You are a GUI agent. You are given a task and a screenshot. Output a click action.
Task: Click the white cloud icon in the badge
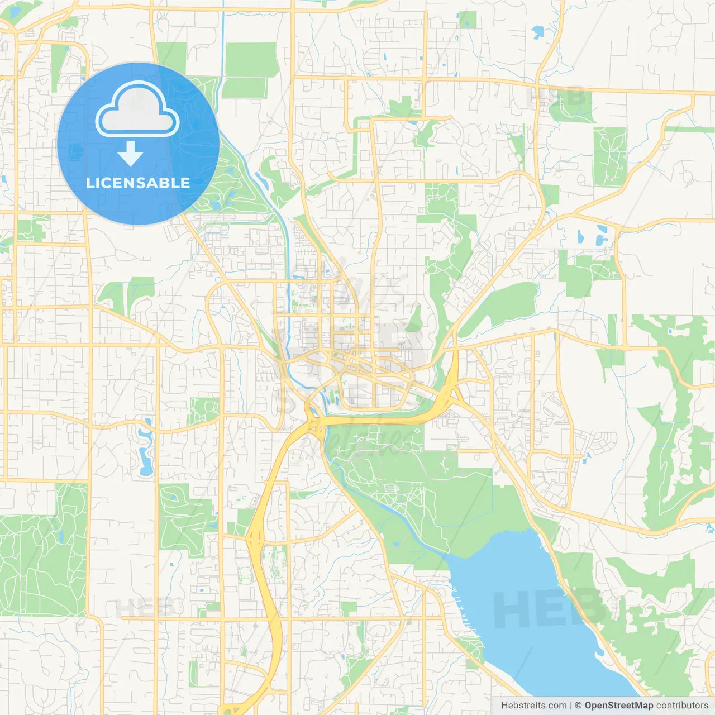[137, 109]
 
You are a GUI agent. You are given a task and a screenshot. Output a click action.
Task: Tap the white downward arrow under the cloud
[130, 153]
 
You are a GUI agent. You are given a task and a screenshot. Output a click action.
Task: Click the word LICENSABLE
[138, 183]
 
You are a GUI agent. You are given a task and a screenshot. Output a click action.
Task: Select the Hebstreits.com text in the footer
[533, 706]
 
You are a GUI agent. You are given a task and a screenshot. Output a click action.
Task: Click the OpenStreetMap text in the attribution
[618, 706]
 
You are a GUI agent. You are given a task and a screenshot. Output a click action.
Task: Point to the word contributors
[682, 706]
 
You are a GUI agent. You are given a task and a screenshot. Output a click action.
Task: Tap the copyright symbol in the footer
[578, 706]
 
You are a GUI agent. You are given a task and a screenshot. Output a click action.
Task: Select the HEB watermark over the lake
[550, 609]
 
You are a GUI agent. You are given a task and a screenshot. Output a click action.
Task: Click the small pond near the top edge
[538, 32]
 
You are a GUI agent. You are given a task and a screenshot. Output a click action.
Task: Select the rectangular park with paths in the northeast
[609, 156]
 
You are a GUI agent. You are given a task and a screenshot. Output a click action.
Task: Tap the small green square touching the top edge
[468, 20]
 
